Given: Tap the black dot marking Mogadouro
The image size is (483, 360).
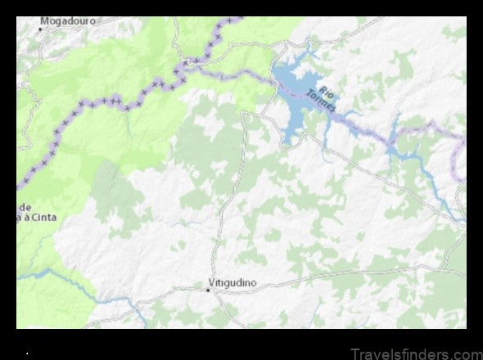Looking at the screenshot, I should (x=39, y=29).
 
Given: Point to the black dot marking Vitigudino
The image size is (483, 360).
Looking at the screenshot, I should (x=208, y=289).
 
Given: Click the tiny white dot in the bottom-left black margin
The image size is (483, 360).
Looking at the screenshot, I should (x=27, y=354).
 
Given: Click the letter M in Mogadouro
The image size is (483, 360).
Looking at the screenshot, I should (x=44, y=20).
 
